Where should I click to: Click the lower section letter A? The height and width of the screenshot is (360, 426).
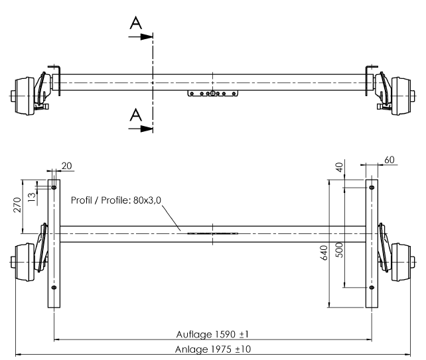pos(135,115)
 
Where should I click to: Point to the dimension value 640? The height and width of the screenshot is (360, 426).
pos(324,251)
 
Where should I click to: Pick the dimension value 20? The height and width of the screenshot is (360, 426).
pos(66,164)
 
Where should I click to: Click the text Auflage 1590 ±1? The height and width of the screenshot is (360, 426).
pos(212,333)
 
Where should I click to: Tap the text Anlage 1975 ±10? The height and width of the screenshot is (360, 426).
pos(213,348)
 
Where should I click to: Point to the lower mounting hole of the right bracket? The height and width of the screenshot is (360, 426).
pos(372,287)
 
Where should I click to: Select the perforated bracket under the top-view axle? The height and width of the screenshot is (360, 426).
pos(212,93)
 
